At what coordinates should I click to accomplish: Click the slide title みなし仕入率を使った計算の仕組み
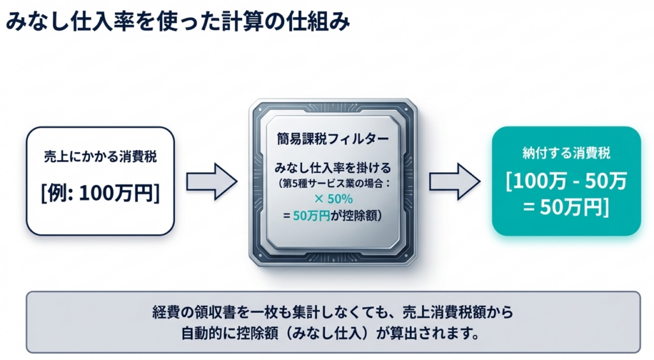pyautogui.click(x=178, y=21)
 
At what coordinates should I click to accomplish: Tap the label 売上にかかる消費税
pyautogui.click(x=100, y=158)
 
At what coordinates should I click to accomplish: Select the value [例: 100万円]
pyautogui.click(x=100, y=193)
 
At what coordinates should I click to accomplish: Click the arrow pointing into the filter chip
pyautogui.click(x=211, y=181)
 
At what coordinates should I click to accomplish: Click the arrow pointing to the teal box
pyautogui.click(x=454, y=181)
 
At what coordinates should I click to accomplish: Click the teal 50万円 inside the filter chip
pyautogui.click(x=311, y=216)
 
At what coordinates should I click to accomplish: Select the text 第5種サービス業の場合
pyautogui.click(x=330, y=184)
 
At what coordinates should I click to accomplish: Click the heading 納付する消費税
pyautogui.click(x=566, y=153)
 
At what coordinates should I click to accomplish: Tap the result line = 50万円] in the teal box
pyautogui.click(x=566, y=207)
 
